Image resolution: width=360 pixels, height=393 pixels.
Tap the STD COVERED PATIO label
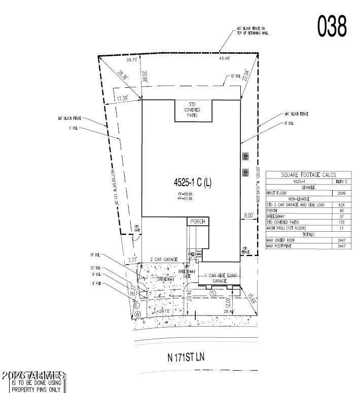click(193, 111)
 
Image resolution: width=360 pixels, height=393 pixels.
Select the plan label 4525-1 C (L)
click(192, 184)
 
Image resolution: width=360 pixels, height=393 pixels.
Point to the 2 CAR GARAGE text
click(163, 260)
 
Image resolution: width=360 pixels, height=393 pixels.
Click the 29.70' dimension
click(133, 60)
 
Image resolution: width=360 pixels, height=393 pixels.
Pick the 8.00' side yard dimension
click(248, 216)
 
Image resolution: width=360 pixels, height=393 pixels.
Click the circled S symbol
click(213, 293)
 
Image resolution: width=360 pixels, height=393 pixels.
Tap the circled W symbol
click(137, 314)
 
